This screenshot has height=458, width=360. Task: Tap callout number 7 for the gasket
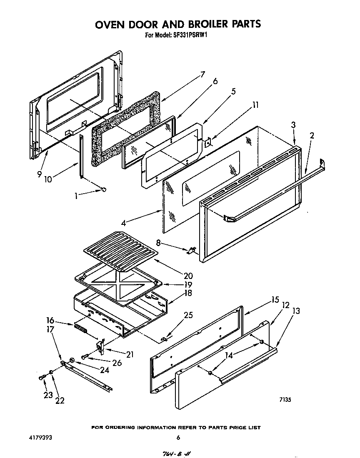202,75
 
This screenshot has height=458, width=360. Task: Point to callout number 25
188,315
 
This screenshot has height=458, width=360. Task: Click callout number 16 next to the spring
50,320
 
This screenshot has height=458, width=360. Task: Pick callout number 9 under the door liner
39,174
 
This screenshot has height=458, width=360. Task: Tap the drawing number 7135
285,399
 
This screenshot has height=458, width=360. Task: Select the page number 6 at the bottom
178,438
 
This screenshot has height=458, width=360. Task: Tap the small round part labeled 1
103,190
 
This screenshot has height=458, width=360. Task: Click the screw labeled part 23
42,377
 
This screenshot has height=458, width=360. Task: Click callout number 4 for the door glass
123,223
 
